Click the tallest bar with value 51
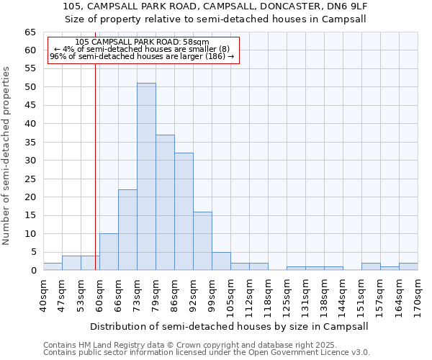tap(146, 176)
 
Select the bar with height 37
tap(165, 202)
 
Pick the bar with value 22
tap(127, 230)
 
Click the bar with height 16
tap(202, 240)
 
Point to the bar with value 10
tap(109, 252)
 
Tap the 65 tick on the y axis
tap(30, 32)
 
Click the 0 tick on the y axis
tap(32, 271)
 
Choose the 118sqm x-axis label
tap(268, 295)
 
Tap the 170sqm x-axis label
tap(418, 295)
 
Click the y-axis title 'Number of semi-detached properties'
tap(7, 156)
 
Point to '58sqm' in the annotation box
tap(195, 42)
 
